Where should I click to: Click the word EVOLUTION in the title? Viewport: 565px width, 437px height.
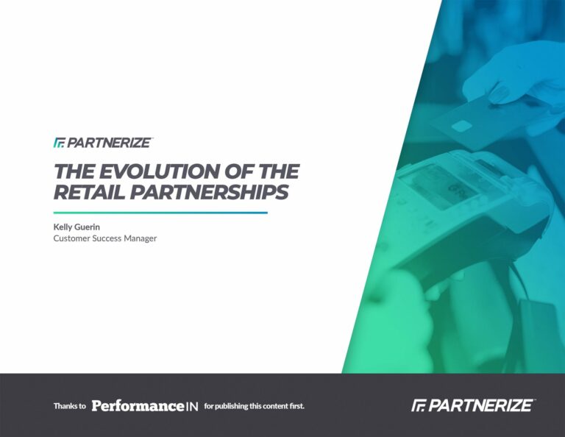pos(159,171)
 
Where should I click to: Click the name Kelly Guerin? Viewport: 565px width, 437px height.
pos(77,227)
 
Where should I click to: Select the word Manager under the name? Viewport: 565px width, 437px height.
pos(141,238)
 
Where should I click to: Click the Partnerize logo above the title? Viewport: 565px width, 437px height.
pos(103,143)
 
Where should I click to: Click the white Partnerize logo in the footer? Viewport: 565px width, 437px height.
pos(473,405)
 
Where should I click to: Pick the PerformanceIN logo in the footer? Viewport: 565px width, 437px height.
pos(145,406)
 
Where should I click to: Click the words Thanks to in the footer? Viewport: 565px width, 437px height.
pos(70,406)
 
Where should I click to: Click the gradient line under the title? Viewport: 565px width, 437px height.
pos(160,213)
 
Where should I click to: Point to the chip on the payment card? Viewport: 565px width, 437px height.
pos(461,126)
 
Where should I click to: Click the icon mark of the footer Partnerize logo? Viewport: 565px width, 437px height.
pos(419,405)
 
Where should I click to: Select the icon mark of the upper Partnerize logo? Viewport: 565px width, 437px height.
pos(59,143)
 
